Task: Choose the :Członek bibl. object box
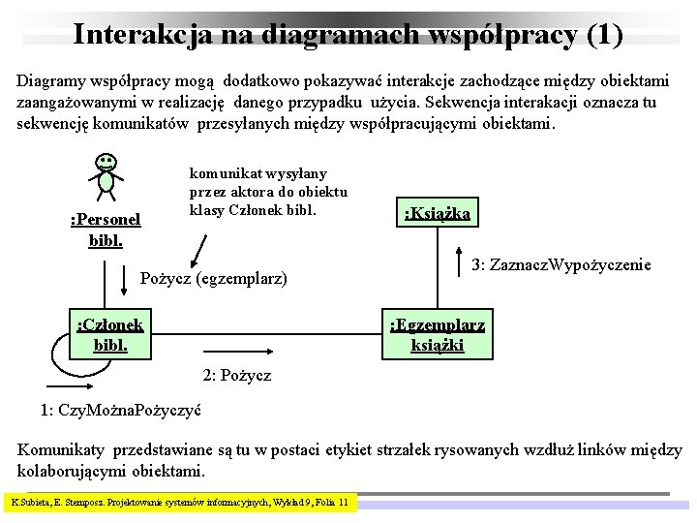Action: click(x=110, y=334)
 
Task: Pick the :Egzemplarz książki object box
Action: click(x=438, y=334)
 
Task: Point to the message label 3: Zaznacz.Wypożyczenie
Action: click(x=561, y=264)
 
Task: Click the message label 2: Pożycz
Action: click(x=236, y=374)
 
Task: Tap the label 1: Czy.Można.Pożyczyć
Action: click(x=121, y=410)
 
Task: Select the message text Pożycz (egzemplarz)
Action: click(x=214, y=279)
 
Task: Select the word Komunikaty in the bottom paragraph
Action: click(x=62, y=450)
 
